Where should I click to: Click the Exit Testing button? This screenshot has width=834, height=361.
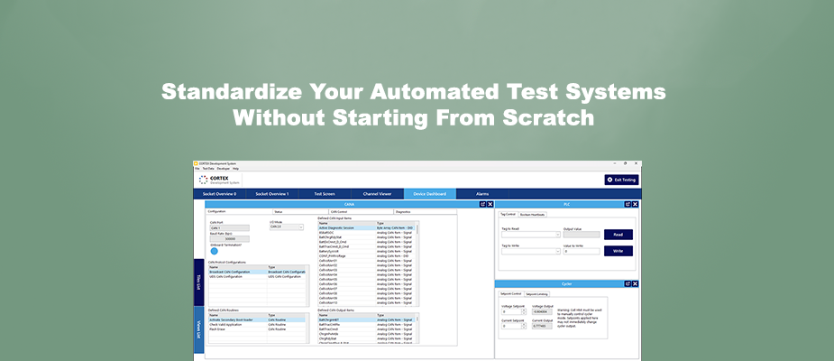click(x=621, y=180)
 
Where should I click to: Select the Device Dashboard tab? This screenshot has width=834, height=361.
click(x=429, y=194)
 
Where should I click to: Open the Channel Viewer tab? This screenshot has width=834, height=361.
click(x=377, y=194)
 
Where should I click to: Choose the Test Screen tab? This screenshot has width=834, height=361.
click(x=325, y=194)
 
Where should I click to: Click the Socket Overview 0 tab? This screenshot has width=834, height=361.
click(x=219, y=194)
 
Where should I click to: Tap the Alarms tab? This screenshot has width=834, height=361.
click(x=482, y=194)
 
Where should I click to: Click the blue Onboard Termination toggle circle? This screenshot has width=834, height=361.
click(x=215, y=250)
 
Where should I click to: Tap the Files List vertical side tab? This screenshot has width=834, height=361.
click(x=198, y=283)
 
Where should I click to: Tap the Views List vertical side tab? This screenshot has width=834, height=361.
click(x=198, y=333)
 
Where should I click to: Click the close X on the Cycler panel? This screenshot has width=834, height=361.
click(x=636, y=282)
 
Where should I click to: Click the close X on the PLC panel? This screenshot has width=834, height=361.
click(x=636, y=204)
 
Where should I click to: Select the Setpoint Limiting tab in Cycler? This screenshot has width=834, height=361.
click(x=536, y=293)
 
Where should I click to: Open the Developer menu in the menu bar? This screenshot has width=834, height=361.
click(x=222, y=169)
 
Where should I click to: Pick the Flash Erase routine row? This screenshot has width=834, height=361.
click(x=221, y=329)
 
